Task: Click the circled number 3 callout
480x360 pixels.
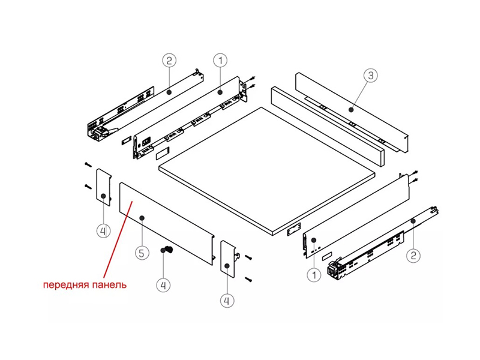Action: tap(370, 76)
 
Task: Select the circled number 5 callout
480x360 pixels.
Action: tap(142, 253)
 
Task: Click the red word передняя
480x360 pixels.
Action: tap(63, 285)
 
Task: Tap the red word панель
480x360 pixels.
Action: tap(106, 285)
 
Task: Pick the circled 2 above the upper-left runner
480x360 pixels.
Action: tap(169, 61)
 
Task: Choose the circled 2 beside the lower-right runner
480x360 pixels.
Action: tap(413, 256)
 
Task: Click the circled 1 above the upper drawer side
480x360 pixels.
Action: tap(220, 61)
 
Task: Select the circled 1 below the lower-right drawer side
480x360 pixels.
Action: tap(314, 275)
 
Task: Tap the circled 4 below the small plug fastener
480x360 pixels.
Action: tap(163, 286)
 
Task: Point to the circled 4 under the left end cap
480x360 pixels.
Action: tap(103, 230)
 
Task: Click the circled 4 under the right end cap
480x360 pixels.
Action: tap(227, 301)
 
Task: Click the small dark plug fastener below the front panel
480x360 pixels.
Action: tap(167, 250)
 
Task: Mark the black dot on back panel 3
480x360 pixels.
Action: tap(351, 109)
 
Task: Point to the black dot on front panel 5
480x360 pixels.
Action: tap(142, 218)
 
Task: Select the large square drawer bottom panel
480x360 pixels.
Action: tap(267, 171)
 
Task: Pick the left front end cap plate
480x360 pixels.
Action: tap(104, 187)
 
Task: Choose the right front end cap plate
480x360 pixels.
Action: tap(228, 259)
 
